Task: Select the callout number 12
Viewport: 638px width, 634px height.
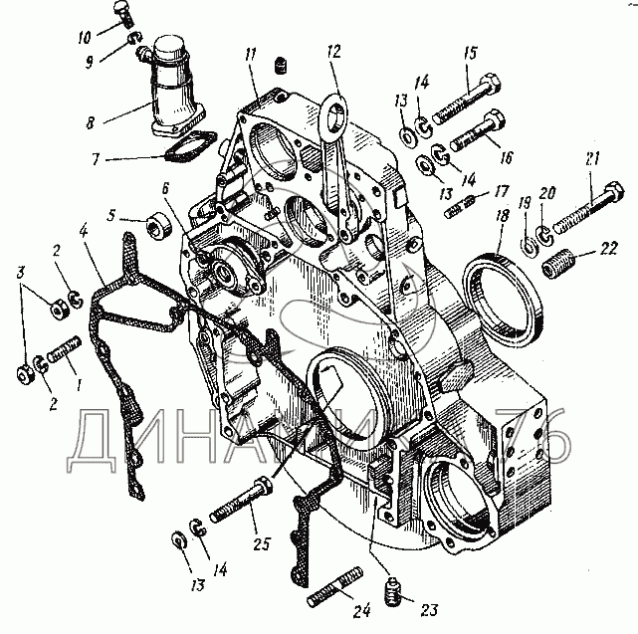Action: click(x=331, y=51)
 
